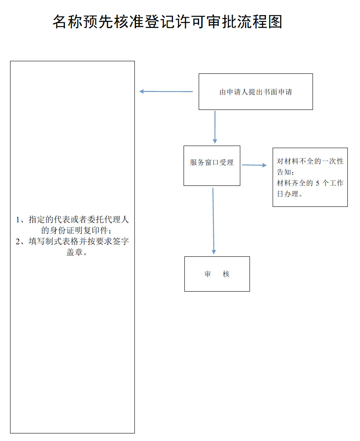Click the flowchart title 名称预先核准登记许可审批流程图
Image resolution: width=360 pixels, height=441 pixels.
coord(167,22)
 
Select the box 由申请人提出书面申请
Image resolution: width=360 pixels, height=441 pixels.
coord(255,92)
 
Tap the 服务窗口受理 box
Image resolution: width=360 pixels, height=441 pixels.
coord(212,165)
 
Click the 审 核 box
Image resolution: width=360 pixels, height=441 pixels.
coord(217,274)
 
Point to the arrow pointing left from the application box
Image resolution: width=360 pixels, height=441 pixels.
coord(166,91)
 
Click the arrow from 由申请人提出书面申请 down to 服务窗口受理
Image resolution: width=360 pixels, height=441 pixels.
coord(215,127)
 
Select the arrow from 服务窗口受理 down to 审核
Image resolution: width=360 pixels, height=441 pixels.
coord(213,221)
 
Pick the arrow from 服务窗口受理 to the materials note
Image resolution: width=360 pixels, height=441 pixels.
coord(254,165)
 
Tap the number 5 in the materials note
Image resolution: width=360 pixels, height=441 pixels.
coord(318,183)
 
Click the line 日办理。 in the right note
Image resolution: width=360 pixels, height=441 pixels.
coord(290,194)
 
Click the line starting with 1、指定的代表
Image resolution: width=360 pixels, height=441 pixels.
coord(72,219)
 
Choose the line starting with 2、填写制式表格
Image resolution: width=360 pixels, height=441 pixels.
coord(72,242)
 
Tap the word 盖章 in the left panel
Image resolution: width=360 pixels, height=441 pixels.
coord(74,253)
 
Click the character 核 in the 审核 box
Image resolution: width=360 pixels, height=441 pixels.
coord(226,274)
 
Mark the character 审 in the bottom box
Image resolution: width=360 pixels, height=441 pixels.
coord(208,274)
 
